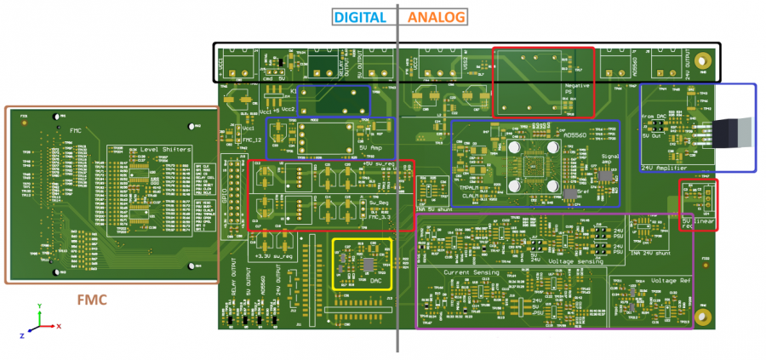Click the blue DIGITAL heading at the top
tap(361, 16)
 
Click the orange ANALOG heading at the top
tap(437, 16)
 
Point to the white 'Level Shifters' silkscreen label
tap(161, 151)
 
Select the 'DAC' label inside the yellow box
tap(374, 280)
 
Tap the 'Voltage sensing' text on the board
tap(578, 261)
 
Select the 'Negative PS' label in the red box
tap(578, 89)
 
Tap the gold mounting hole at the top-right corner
tap(703, 62)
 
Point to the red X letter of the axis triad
tap(58, 326)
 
